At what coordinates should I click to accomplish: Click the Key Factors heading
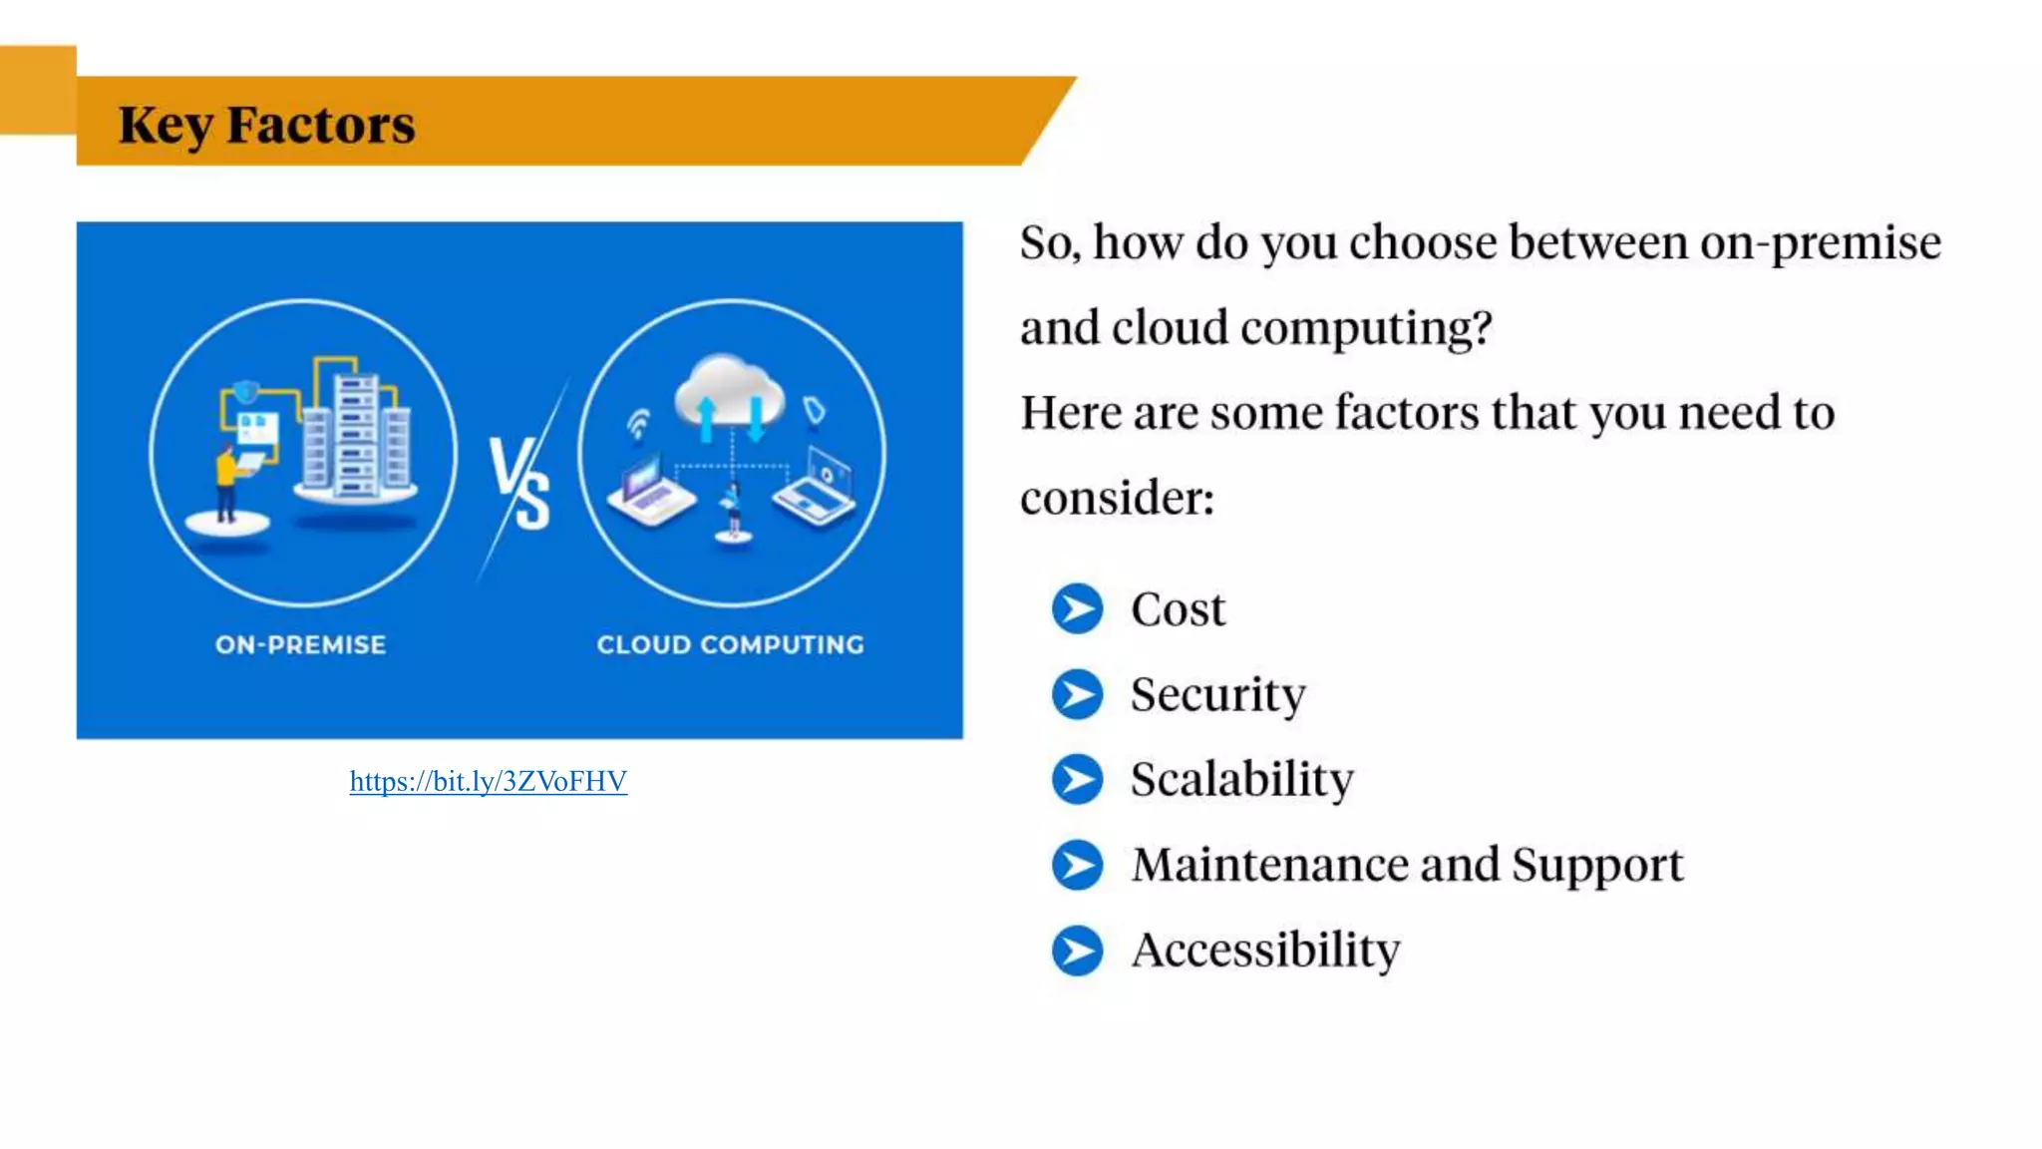click(266, 125)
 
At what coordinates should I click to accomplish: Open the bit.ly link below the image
click(488, 781)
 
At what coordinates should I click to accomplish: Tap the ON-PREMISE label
click(300, 644)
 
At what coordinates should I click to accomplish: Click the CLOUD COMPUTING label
click(730, 644)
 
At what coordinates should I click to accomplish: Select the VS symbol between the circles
click(519, 483)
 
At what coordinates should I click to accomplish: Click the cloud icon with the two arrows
click(729, 394)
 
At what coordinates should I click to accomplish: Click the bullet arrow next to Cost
click(1077, 608)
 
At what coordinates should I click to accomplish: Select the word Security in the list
click(1217, 694)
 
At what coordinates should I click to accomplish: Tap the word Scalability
click(1241, 779)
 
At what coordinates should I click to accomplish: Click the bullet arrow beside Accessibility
click(1077, 950)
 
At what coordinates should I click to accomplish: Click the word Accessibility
click(1264, 950)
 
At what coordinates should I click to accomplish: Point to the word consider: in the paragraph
click(1117, 497)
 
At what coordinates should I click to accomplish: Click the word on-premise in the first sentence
click(1820, 242)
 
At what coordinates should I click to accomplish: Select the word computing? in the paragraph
click(1366, 328)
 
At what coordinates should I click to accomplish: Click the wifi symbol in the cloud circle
click(638, 423)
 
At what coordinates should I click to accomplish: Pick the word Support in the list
click(1596, 864)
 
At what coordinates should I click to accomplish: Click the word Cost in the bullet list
click(1178, 608)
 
